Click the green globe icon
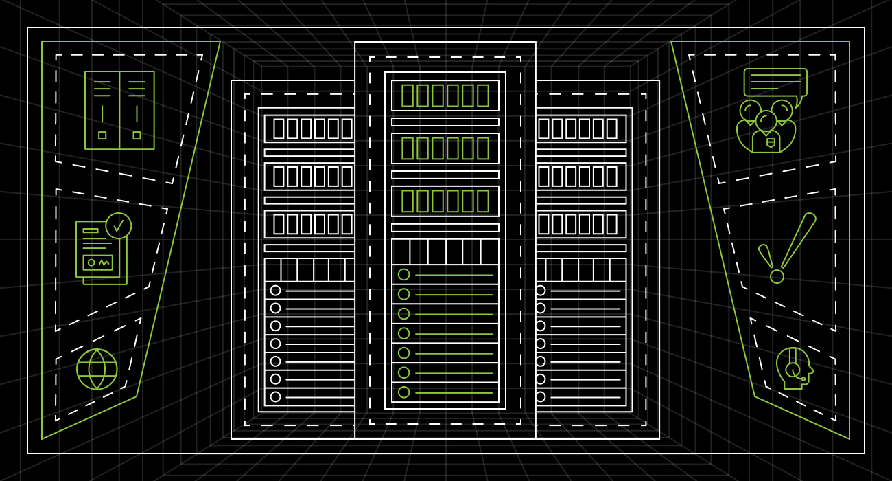[x=97, y=369]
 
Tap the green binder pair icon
[x=119, y=110]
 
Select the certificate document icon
[x=100, y=251]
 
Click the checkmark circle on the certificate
[x=119, y=225]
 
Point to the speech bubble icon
[x=775, y=82]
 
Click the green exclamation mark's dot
[x=777, y=276]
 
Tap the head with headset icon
[x=794, y=368]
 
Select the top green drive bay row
[x=445, y=96]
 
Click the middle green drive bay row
[x=445, y=148]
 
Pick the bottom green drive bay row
[x=445, y=201]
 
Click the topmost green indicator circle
[x=403, y=275]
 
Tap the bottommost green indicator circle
[x=403, y=392]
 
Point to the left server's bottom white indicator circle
[x=275, y=396]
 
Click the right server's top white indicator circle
[x=541, y=291]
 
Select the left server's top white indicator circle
[x=275, y=291]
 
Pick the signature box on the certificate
[x=97, y=262]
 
